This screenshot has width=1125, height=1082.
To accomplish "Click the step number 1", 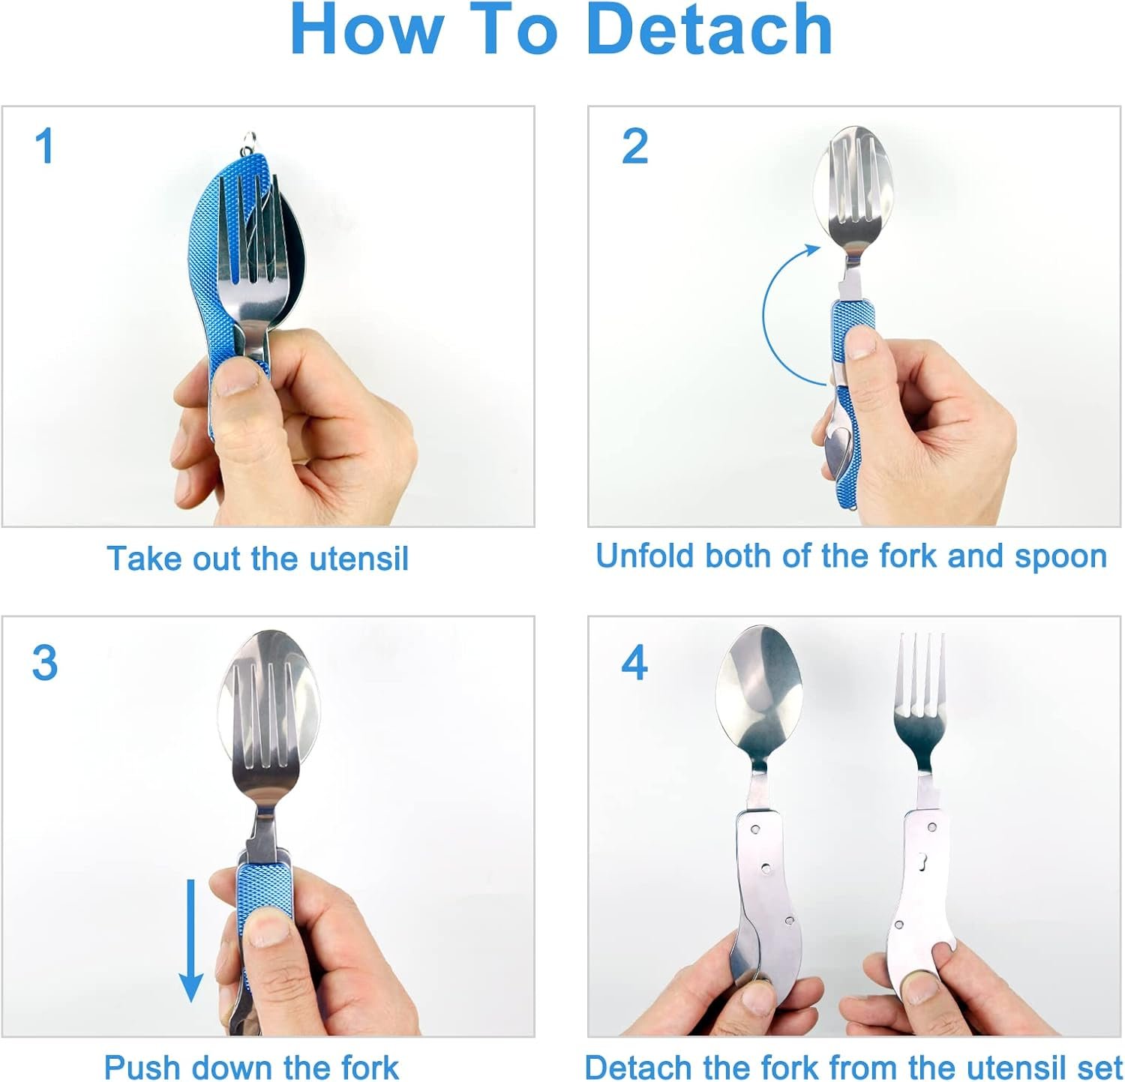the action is (45, 145).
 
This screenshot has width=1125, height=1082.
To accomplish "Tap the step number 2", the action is (634, 145).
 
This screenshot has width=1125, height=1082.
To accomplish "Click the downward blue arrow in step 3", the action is (191, 941).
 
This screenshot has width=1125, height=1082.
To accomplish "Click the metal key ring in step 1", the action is (251, 140).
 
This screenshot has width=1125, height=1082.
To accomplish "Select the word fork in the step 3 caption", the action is (367, 1067).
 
